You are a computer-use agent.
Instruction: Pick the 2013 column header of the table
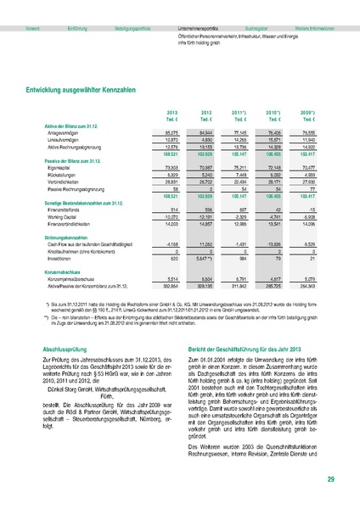[x=172, y=113]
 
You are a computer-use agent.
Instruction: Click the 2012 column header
[x=205, y=113]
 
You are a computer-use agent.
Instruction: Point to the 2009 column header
[x=309, y=113]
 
